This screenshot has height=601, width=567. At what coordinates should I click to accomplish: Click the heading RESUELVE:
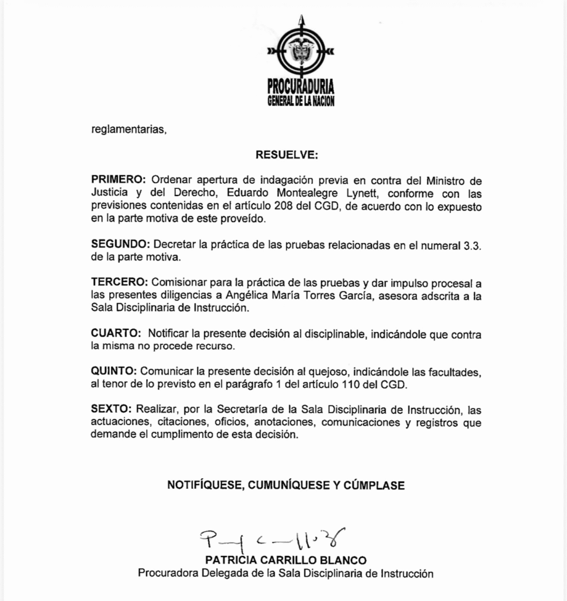[287, 156]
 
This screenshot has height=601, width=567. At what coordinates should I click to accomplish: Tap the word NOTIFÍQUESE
[205, 485]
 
